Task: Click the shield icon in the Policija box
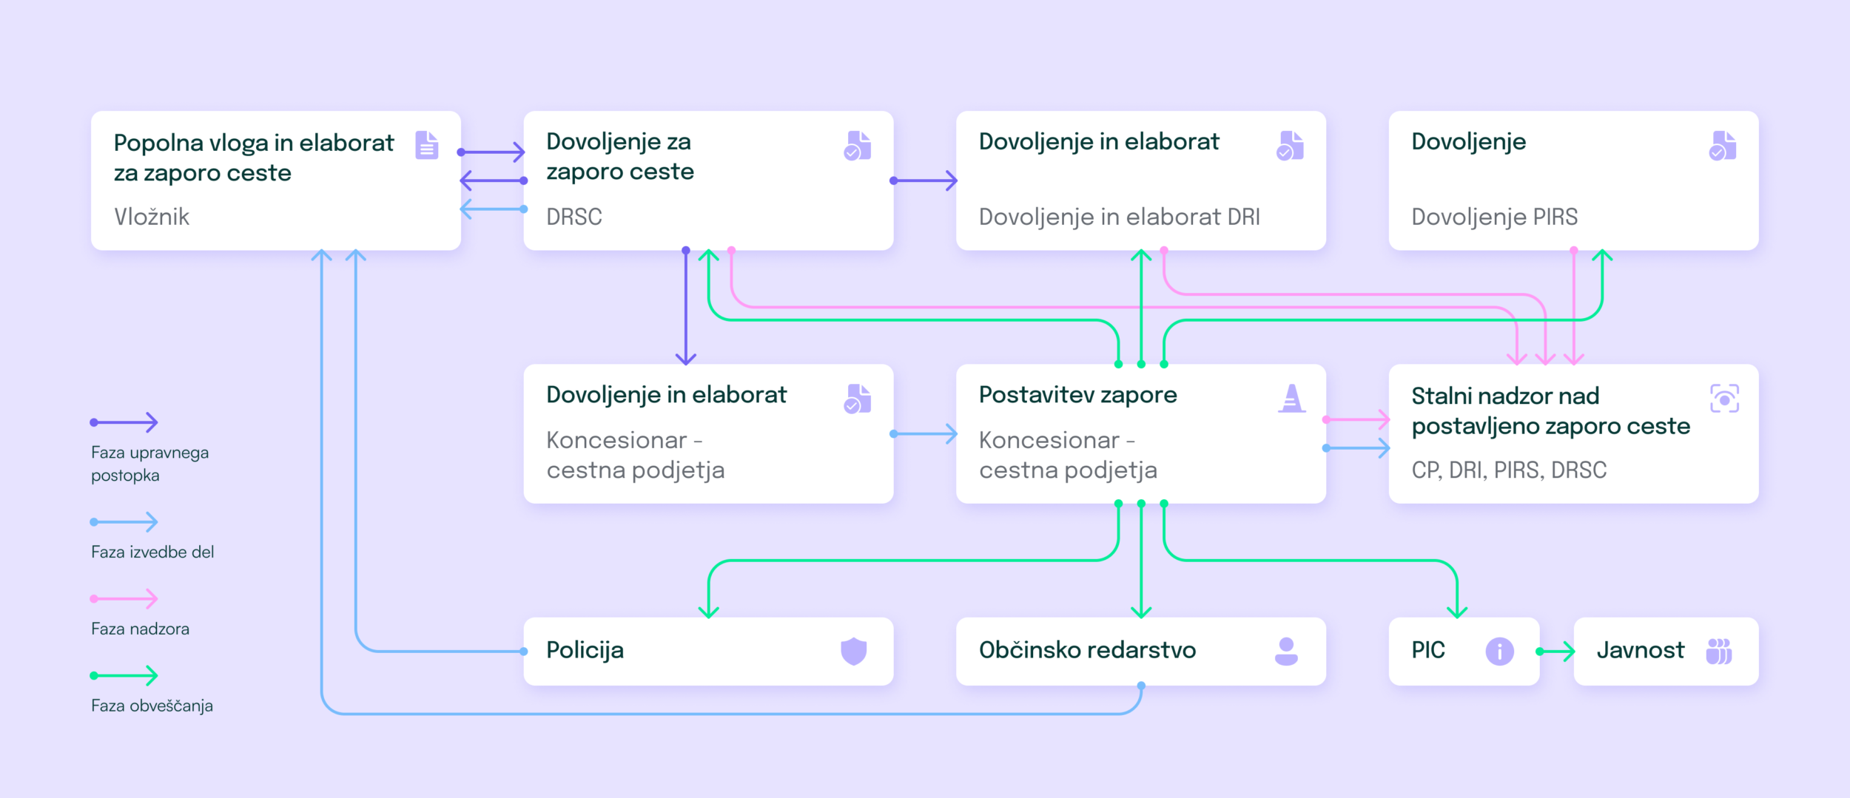[x=853, y=651]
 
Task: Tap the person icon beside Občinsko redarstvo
[x=1286, y=651]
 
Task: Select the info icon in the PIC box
[x=1499, y=651]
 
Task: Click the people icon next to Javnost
[x=1718, y=651]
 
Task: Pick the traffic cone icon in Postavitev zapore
[x=1291, y=398]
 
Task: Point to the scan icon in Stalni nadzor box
[x=1724, y=399]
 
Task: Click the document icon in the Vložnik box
[x=427, y=145]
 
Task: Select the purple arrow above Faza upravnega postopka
[x=124, y=422]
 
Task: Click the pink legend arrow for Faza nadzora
[x=124, y=598]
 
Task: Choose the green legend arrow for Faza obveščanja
[x=124, y=675]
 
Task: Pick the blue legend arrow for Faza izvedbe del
[x=124, y=522]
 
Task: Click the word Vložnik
[x=152, y=217]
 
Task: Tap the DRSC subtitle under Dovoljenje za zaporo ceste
[x=574, y=217]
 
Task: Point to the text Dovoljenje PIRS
[x=1494, y=217]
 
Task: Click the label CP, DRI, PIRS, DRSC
[x=1509, y=470]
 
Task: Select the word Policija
[x=585, y=650]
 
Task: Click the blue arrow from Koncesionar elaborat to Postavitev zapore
[x=924, y=434]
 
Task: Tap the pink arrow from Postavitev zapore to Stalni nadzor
[x=1356, y=419]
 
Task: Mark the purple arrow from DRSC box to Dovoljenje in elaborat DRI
[x=924, y=180]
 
